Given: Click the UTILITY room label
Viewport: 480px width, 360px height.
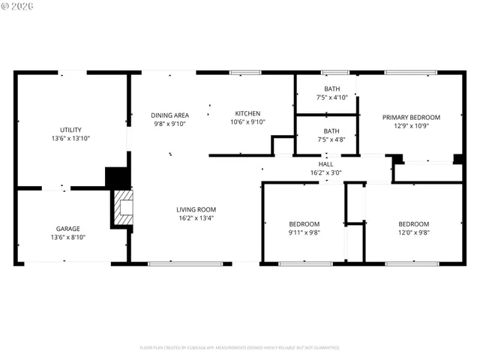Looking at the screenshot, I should coord(70,130).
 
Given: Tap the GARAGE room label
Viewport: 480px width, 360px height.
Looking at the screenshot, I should coord(67,229).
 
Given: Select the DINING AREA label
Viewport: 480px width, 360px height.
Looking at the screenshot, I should coord(169,115).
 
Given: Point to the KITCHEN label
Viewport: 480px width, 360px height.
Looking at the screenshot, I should coord(247,114).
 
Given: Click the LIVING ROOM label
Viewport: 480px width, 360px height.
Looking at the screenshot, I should coord(196,209).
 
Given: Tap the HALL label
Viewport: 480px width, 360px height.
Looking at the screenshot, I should coord(325,163).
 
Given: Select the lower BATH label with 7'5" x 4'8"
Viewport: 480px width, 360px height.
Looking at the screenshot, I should coord(331,130).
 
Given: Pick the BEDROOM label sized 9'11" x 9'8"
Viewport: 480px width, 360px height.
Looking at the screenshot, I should coord(304,224).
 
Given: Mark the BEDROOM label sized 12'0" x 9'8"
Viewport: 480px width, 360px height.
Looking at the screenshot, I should coord(413,224).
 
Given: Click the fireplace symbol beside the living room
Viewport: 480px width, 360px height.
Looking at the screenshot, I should coord(123,207).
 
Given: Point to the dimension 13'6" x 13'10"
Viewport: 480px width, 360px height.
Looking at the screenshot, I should coord(70,139).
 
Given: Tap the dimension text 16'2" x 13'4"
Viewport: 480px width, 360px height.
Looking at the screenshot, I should coord(196,218).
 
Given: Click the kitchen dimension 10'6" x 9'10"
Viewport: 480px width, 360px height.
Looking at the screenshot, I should coord(247,122).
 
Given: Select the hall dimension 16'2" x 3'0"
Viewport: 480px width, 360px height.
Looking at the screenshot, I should coord(325,172).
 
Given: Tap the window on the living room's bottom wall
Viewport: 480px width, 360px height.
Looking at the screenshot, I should coord(185,263).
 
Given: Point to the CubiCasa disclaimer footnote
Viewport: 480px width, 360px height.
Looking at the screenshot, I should coord(239,348).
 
